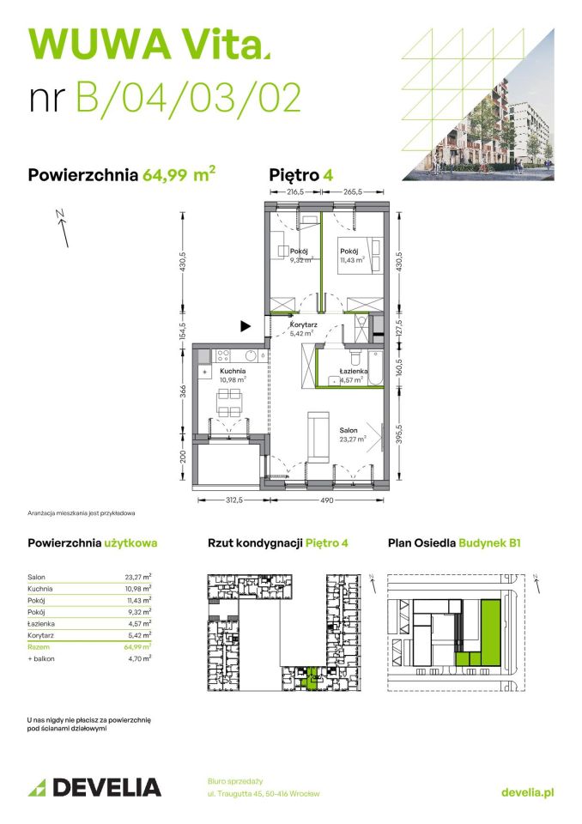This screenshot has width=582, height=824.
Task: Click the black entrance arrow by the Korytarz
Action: tap(246, 325)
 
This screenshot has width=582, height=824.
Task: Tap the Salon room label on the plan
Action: tap(348, 430)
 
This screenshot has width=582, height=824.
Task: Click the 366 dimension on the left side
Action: tap(183, 390)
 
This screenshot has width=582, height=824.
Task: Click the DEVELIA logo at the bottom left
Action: tap(95, 786)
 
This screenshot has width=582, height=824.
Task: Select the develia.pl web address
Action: tap(527, 792)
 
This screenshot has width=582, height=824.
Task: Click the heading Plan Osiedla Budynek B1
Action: tap(454, 543)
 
